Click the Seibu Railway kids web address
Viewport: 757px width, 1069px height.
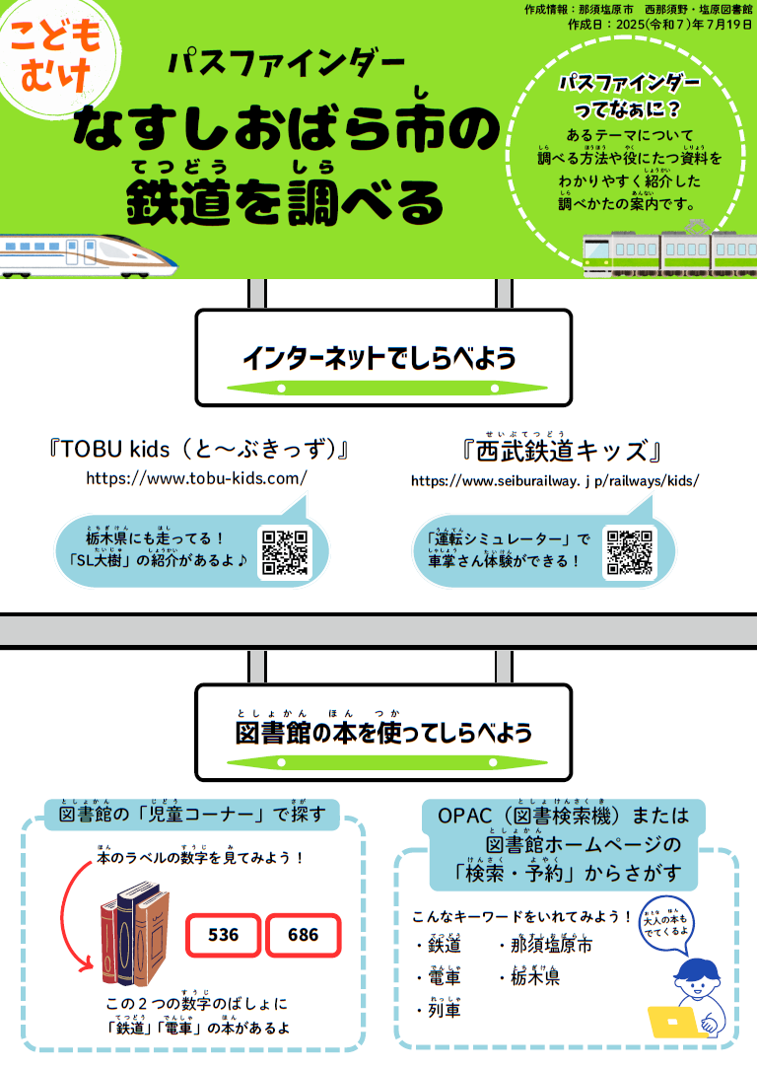coord(555,481)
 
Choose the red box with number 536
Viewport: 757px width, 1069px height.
coord(224,934)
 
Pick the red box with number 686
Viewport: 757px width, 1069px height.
coord(303,934)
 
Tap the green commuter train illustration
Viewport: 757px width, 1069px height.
coord(670,252)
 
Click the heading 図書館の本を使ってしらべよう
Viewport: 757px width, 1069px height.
coord(383,732)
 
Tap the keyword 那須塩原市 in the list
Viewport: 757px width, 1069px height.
coord(551,945)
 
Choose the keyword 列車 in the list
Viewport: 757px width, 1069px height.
coord(444,1010)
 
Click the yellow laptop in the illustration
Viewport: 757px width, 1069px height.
coord(679,1021)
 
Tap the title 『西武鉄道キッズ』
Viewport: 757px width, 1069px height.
coord(560,453)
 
